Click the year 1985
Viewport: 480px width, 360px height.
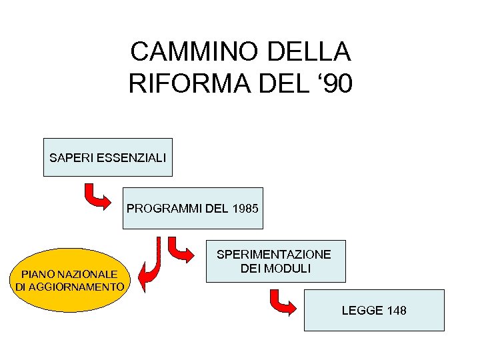(245, 209)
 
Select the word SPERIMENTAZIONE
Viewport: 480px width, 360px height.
(274, 255)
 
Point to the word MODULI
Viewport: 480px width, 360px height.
(287, 269)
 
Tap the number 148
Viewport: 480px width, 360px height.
(396, 311)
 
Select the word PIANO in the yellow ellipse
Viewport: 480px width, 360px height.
(38, 274)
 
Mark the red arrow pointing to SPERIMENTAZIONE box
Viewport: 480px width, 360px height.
(179, 249)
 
